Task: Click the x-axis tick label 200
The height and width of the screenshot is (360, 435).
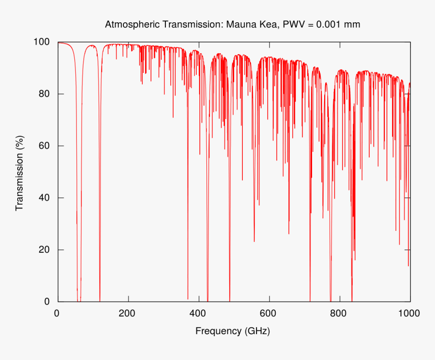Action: [127, 313]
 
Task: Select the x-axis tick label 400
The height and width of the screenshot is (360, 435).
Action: [198, 313]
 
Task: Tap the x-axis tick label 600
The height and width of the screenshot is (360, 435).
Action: [269, 313]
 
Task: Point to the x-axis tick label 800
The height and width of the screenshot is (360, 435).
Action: [339, 313]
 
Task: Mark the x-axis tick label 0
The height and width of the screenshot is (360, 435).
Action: [57, 313]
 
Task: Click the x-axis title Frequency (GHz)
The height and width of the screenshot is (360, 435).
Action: [233, 331]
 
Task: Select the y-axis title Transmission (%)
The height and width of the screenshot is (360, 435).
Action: [20, 173]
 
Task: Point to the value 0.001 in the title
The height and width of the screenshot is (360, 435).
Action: [329, 24]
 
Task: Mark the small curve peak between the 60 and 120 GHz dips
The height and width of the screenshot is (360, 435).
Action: [91, 46]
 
